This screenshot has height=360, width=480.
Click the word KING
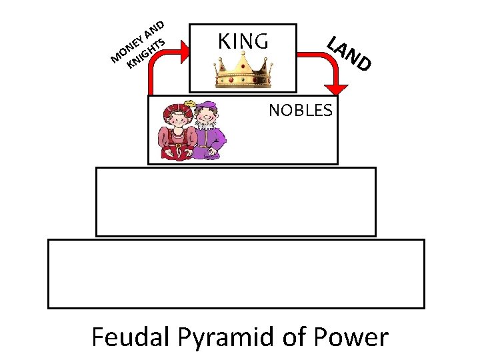pos(243,42)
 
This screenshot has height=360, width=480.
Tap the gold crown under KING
pos(243,72)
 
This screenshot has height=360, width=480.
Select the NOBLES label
pos(300,111)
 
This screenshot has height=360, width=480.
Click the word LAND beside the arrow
pos(348,53)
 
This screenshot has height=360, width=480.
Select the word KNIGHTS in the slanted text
pos(147,53)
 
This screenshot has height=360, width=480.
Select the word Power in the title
pos(356,337)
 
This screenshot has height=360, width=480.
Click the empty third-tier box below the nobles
pos(236,201)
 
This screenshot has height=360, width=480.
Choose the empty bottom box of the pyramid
pos(236,273)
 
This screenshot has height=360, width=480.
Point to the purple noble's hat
pos(207,105)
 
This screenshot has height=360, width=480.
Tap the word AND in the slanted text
pos(155,29)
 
